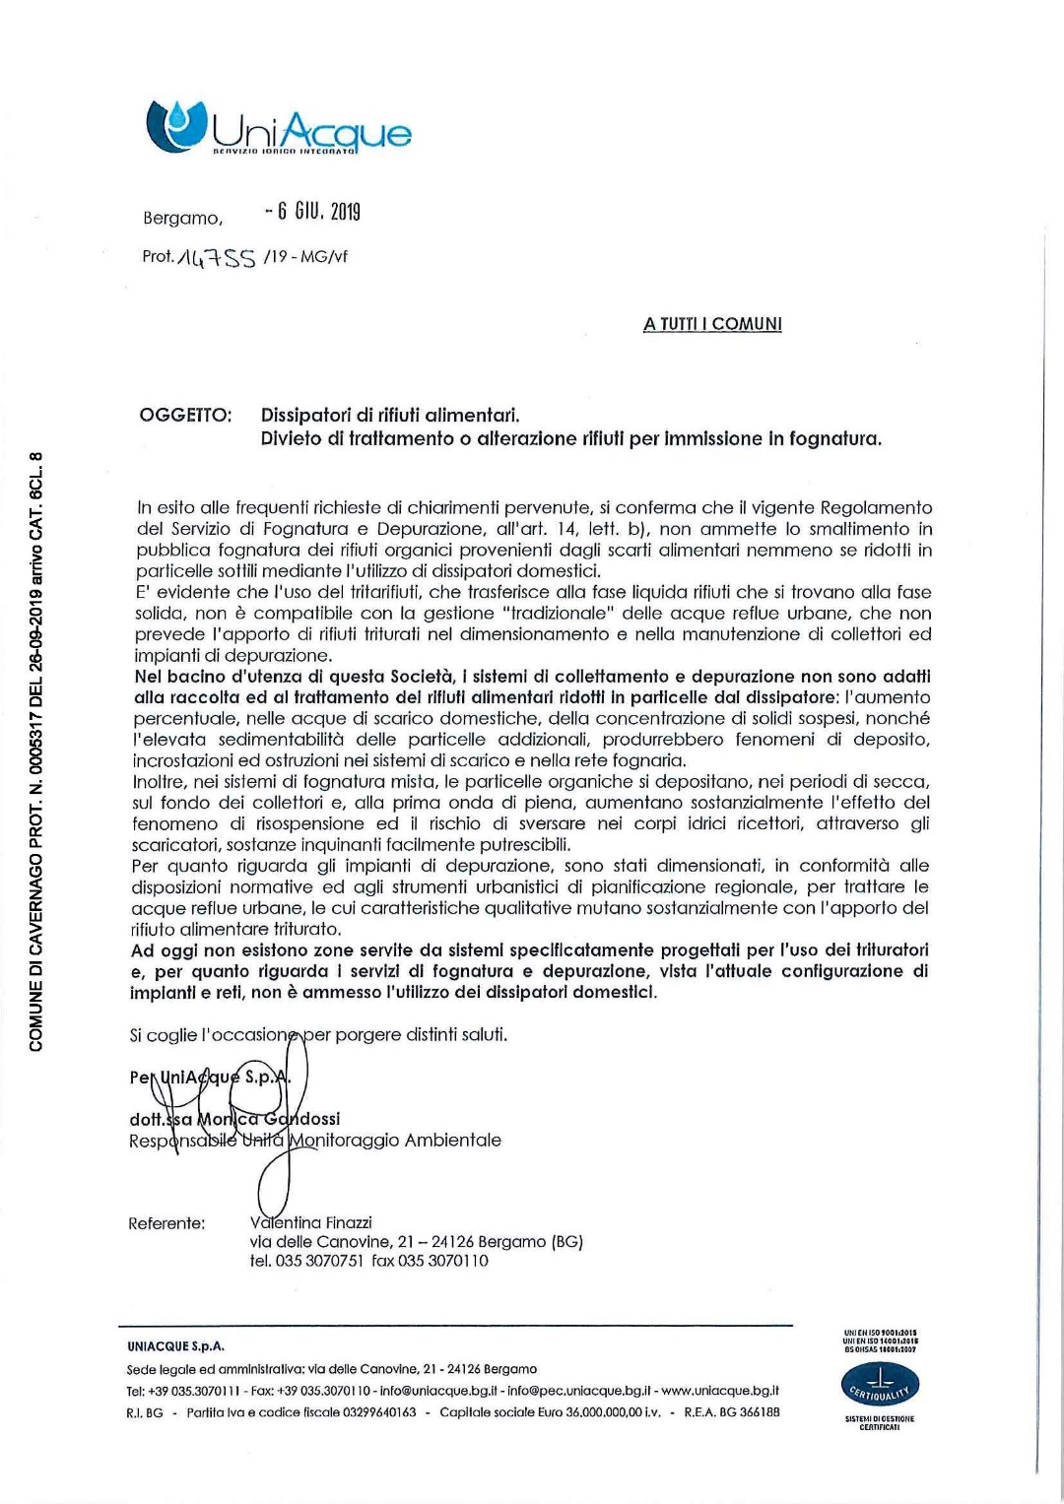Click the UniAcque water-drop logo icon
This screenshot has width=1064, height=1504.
point(175,125)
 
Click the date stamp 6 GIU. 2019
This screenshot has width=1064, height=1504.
point(312,212)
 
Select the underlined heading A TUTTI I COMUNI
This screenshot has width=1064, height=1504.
point(712,324)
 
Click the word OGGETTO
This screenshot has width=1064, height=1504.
point(185,415)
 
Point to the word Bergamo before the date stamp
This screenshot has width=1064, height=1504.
point(182,218)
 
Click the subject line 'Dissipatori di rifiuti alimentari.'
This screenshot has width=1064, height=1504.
point(390,415)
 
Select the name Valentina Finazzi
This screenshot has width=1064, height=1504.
point(311,1222)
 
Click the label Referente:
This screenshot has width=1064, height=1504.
point(166,1223)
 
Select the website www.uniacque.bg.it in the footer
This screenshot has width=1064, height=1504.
point(720,1391)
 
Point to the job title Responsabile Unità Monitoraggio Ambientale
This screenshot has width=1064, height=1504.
point(315,1141)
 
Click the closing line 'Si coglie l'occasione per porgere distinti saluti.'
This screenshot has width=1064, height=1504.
point(318,1034)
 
